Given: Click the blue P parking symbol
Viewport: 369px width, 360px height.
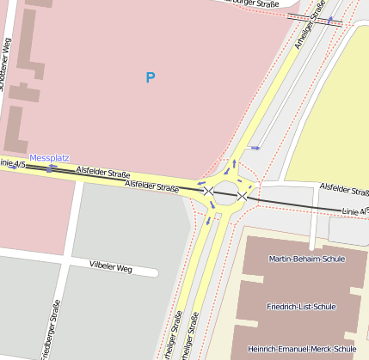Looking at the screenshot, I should pyautogui.click(x=151, y=78).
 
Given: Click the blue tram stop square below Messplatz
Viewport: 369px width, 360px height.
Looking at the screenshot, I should pyautogui.click(x=49, y=169).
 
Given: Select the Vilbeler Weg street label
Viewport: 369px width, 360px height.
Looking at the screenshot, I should pyautogui.click(x=111, y=266).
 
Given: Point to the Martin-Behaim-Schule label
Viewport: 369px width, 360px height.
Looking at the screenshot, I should pyautogui.click(x=300, y=259).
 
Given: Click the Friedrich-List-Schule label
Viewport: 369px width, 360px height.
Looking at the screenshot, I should pyautogui.click(x=301, y=306).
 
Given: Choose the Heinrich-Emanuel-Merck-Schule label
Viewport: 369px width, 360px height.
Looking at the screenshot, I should pyautogui.click(x=301, y=349).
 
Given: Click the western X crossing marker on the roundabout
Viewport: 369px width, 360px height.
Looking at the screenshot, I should pyautogui.click(x=208, y=191).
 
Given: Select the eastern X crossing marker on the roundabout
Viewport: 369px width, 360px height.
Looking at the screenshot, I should pyautogui.click(x=243, y=197).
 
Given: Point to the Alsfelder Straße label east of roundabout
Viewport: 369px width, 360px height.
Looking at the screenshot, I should pyautogui.click(x=343, y=186).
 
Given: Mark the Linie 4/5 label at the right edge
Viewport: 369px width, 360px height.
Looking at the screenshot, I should pyautogui.click(x=354, y=211).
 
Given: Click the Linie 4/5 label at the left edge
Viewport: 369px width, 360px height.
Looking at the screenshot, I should pyautogui.click(x=10, y=162).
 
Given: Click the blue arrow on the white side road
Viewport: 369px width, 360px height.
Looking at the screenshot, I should pyautogui.click(x=254, y=149).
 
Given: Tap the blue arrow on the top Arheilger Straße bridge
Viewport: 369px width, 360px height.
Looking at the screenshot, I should pyautogui.click(x=329, y=19).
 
